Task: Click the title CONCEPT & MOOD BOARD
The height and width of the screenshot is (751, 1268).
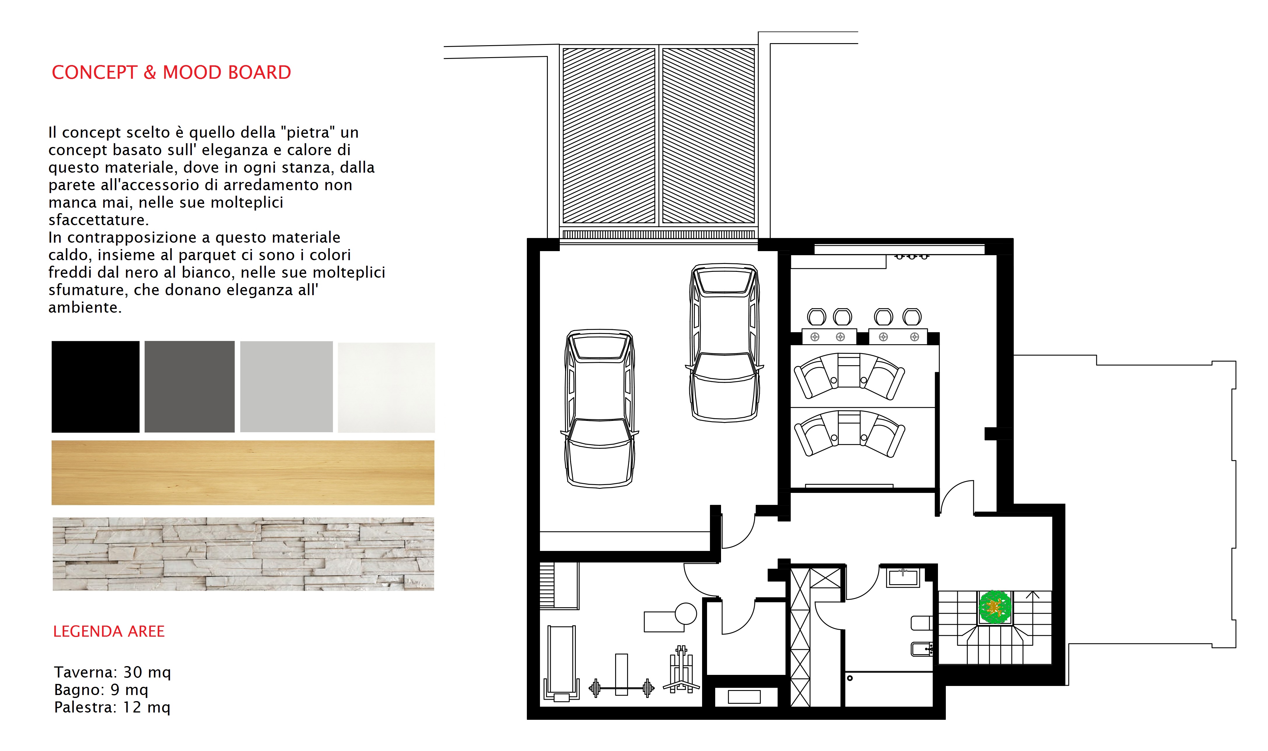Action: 171,72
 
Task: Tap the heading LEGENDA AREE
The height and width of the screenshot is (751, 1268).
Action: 109,631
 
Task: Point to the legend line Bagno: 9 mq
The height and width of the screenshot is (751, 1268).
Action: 101,690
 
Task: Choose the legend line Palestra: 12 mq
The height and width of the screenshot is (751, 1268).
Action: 112,707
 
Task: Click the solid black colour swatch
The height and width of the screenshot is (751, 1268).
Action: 96,387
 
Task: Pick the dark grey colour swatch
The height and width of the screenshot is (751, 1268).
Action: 190,387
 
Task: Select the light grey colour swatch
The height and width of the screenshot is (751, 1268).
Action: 286,387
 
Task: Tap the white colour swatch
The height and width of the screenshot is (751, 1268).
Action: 386,388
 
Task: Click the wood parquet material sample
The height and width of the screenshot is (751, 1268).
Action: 243,473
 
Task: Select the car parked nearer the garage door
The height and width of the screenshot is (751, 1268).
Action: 724,343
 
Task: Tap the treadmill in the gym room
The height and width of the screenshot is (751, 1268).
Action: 562,663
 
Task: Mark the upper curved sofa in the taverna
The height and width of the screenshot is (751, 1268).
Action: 849,376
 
